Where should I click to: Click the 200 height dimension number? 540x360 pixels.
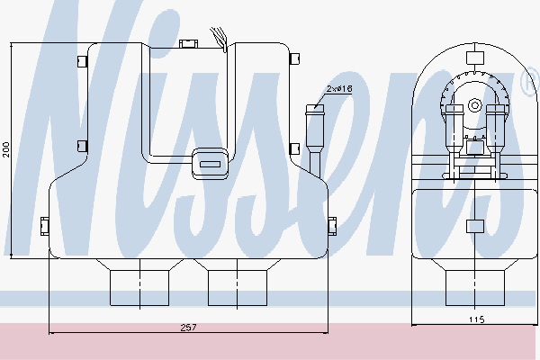pos(6,149)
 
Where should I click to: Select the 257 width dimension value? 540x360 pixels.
pos(188,328)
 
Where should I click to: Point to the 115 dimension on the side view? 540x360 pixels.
pos(476,319)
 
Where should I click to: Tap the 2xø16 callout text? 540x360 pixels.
pos(339,89)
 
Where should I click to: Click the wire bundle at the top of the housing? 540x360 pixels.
pos(220,39)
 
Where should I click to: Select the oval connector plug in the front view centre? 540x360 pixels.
pos(210,164)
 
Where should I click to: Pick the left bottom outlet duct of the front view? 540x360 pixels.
pos(139,283)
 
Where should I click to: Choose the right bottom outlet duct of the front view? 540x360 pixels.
pos(238,283)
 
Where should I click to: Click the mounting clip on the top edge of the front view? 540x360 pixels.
pos(189,44)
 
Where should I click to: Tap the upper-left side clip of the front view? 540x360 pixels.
pos(82,60)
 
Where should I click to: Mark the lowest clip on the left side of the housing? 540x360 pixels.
pos(45,226)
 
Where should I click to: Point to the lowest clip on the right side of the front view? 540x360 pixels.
pos(332,226)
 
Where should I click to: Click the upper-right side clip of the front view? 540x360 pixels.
pos(295,58)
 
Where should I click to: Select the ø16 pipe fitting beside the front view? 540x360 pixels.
pos(315,139)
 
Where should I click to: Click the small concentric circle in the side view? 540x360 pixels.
pos(475,105)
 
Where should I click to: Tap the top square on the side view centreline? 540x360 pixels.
pos(475,58)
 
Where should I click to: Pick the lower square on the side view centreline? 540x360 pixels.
pos(475,226)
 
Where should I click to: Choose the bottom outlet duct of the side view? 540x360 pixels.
pos(475,283)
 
